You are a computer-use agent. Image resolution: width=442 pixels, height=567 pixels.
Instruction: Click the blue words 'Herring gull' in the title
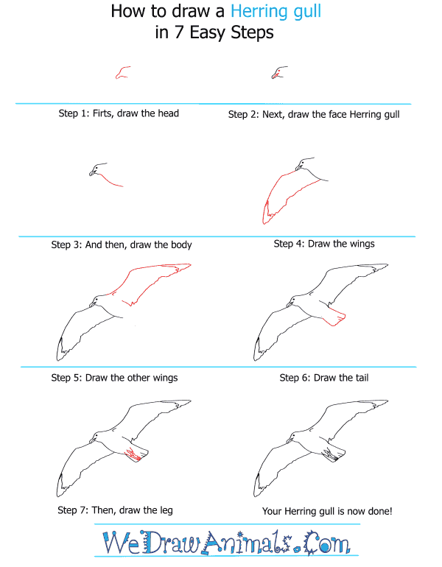276,12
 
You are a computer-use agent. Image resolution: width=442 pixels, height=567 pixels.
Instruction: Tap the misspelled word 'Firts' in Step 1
102,113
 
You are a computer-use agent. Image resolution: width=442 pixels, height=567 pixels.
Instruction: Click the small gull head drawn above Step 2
279,73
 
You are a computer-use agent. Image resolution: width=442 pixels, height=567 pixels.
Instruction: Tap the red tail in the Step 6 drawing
335,317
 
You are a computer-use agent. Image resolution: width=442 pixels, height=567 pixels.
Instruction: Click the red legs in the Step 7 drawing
133,454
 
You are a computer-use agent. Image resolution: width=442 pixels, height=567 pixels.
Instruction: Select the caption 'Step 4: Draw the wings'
324,244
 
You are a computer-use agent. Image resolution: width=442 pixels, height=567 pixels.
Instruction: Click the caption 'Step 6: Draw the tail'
324,378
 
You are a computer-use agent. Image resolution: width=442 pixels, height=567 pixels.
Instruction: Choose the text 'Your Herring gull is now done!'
327,511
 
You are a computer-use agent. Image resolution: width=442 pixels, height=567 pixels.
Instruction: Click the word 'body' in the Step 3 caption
181,244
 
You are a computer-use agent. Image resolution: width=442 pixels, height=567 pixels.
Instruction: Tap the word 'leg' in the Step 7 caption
166,510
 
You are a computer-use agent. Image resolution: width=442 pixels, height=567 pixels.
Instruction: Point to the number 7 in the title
179,33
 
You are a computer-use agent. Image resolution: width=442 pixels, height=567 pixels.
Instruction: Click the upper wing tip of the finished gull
387,401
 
